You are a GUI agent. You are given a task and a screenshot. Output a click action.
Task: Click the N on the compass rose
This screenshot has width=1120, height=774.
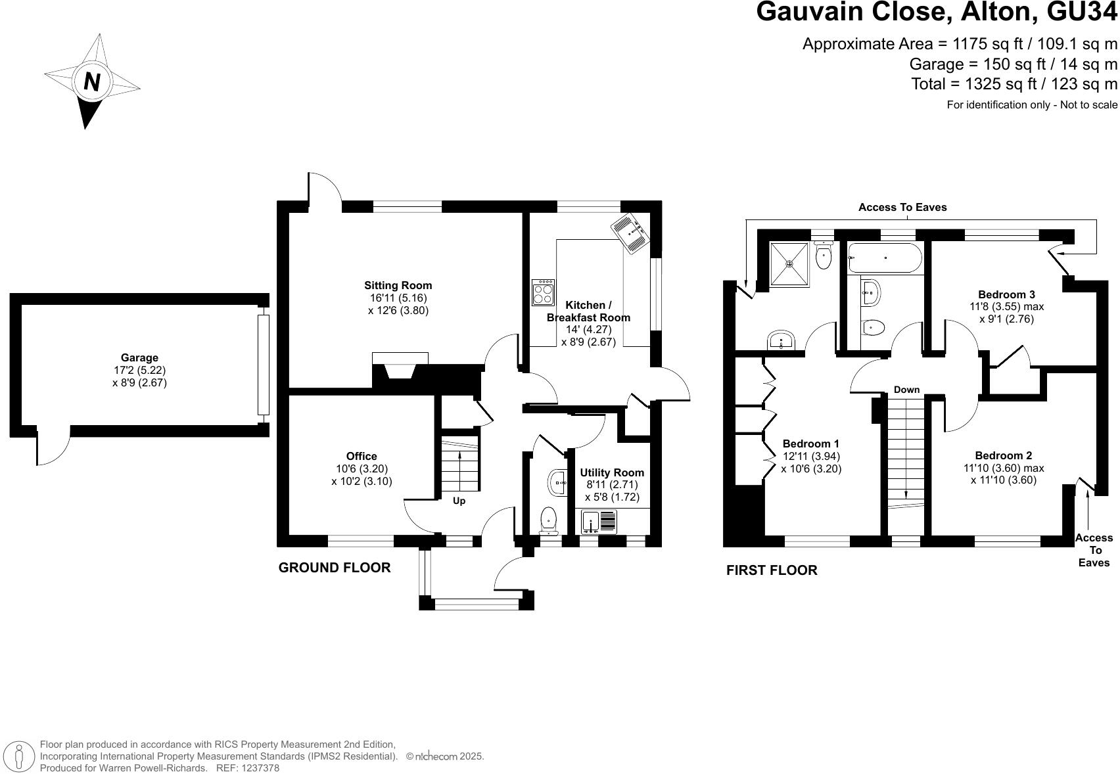coord(92,82)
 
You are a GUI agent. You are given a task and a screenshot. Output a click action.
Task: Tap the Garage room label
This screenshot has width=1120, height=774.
coord(139,357)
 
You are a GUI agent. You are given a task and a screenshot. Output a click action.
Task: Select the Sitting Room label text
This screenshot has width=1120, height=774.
coord(398,285)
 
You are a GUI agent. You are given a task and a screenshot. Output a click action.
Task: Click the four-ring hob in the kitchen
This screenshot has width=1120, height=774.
coord(543,292)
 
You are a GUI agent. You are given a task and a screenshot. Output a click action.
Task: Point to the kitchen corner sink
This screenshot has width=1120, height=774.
coord(630,233)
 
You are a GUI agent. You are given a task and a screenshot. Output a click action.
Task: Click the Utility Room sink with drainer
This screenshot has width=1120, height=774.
coord(599,521)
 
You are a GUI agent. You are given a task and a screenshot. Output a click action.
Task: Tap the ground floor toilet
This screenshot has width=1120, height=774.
coord(548,522)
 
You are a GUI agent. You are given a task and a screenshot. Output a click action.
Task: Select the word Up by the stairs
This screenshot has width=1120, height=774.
coord(459,501)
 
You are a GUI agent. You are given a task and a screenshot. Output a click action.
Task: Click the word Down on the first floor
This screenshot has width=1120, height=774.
coord(906,390)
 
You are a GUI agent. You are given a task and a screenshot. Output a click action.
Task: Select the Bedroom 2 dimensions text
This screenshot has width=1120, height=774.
coord(1003,474)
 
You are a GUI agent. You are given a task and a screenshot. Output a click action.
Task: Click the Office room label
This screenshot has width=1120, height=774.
coord(362,456)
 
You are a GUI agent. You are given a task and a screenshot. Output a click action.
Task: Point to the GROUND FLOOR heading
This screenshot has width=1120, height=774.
coord(335,568)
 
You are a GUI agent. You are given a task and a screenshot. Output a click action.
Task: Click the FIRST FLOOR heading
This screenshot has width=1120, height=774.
coord(772,570)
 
